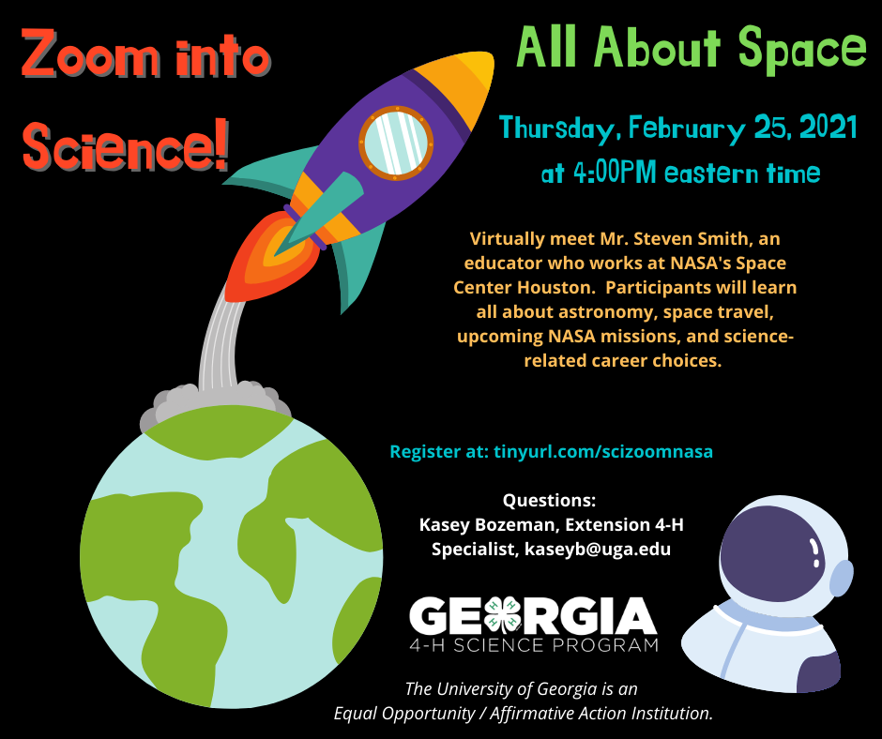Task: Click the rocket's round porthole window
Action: point(397,143)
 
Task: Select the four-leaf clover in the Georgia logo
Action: point(502,613)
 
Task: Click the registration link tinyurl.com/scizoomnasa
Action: point(603,452)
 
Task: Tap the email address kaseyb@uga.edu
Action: point(598,549)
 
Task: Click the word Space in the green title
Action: point(802,47)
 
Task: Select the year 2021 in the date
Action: point(828,128)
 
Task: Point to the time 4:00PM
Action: point(615,173)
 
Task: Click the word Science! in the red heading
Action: point(126,146)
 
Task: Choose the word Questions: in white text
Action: point(549,500)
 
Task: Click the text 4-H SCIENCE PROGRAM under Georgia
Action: point(533,644)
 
